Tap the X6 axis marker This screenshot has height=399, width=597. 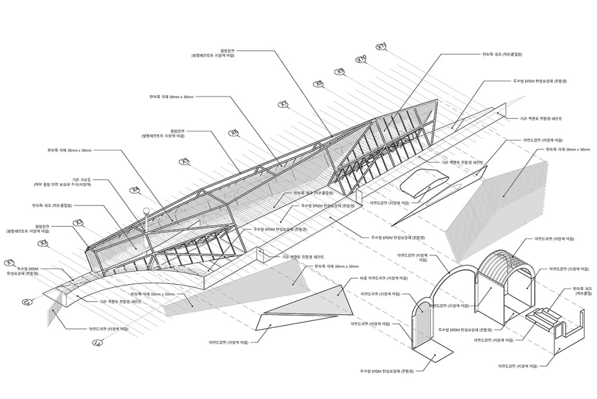pos(234,133)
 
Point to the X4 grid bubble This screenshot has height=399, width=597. pos(135,190)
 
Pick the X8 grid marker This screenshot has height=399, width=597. pos(319,85)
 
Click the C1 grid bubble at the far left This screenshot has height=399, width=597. pos(27,302)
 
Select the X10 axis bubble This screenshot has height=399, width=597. pos(361,60)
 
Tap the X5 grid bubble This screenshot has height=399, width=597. pos(185,162)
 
